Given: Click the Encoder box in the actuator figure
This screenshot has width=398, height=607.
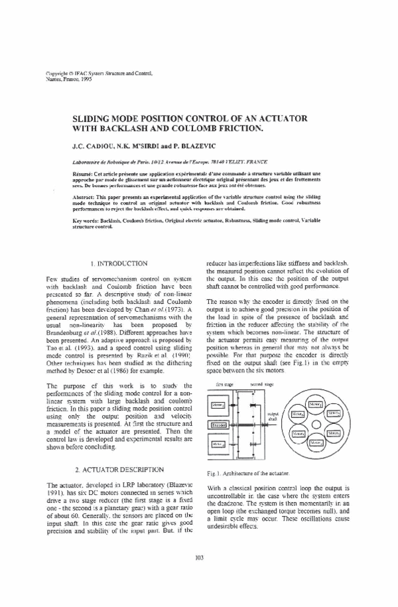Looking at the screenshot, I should tap(218, 425).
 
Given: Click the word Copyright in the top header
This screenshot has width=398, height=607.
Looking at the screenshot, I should tap(58, 72).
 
